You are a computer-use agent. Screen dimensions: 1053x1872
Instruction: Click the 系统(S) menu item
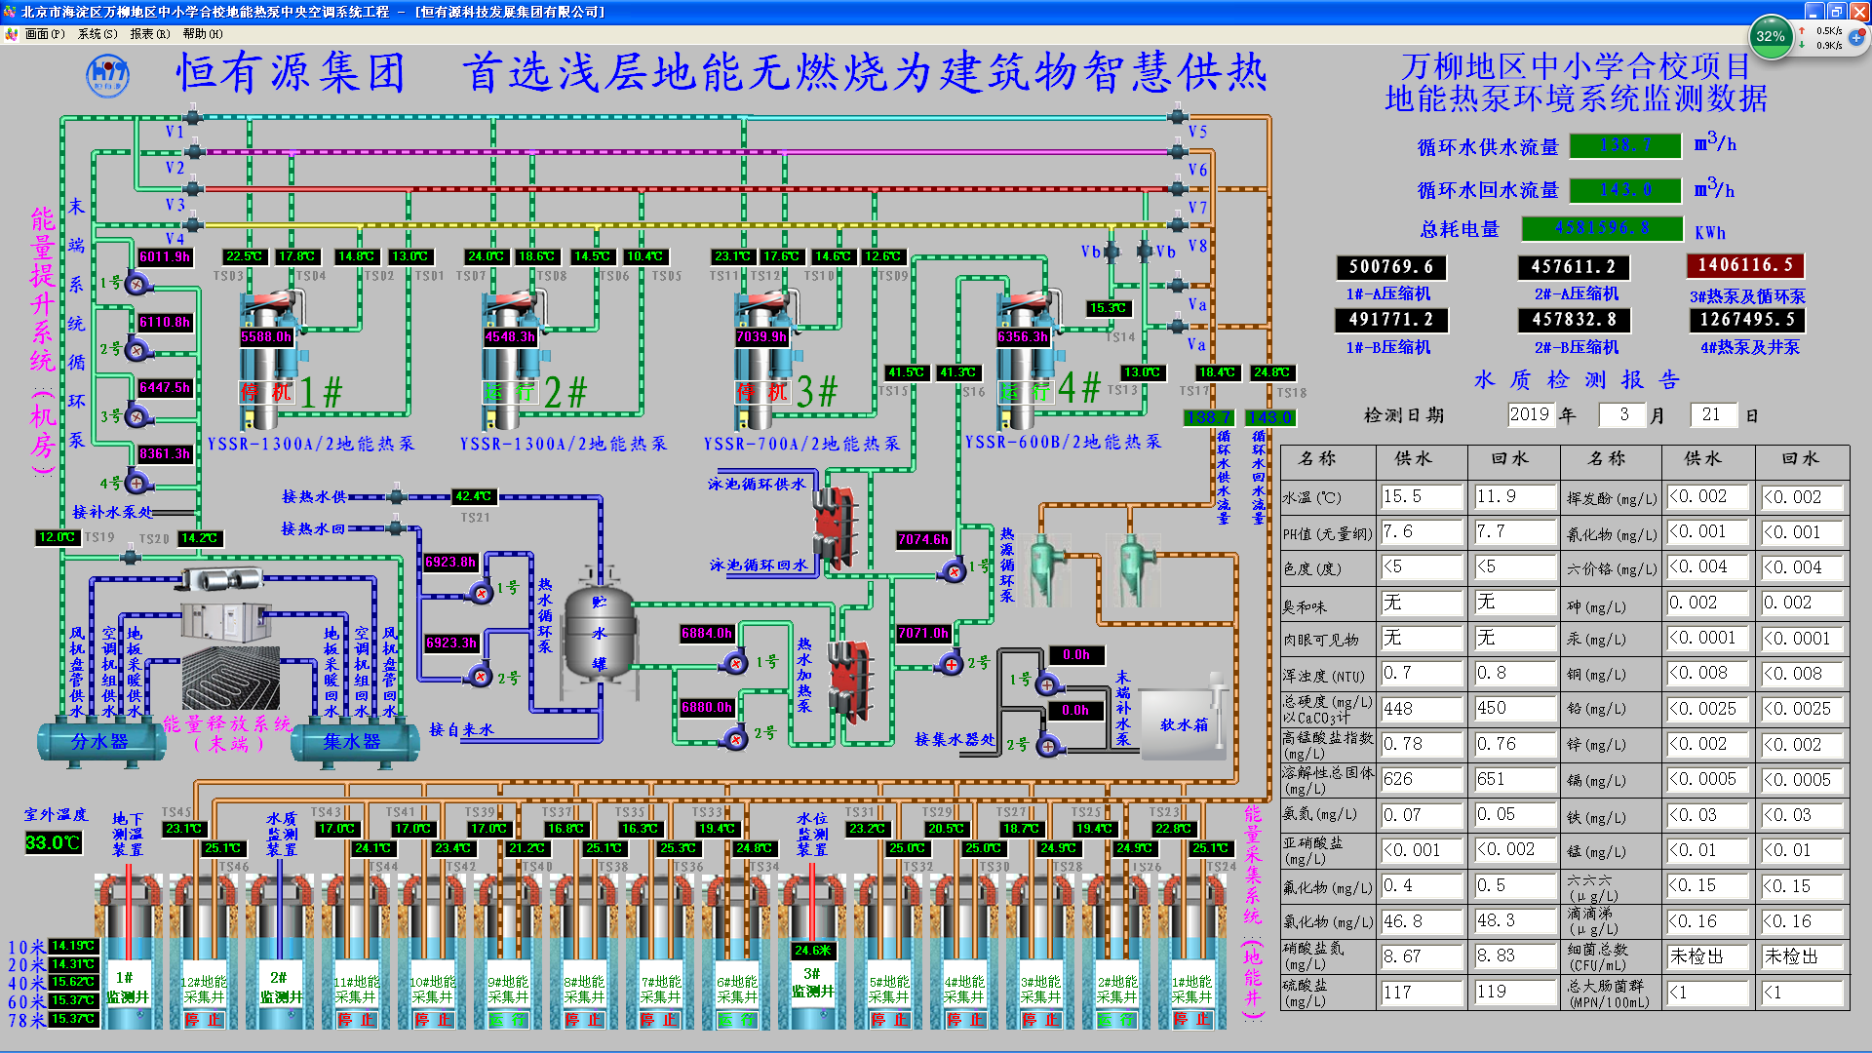click(x=97, y=34)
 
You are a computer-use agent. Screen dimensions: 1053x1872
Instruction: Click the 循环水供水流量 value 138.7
click(x=1625, y=145)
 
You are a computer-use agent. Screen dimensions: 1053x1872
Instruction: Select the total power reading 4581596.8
click(x=1602, y=228)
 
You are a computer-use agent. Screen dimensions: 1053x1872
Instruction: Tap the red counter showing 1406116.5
click(x=1745, y=265)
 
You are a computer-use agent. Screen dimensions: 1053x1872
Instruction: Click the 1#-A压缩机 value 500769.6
click(x=1390, y=267)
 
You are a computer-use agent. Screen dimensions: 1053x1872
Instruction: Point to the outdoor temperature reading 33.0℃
click(x=53, y=842)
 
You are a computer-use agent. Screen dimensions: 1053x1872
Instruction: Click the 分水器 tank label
click(x=99, y=742)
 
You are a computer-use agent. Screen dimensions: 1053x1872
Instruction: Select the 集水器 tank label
click(x=352, y=742)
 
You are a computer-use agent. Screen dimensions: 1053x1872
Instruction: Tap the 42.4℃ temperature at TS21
click(x=473, y=496)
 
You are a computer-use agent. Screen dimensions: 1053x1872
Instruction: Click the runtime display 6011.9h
click(x=164, y=256)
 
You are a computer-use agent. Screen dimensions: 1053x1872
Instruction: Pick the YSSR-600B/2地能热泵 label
click(x=1063, y=442)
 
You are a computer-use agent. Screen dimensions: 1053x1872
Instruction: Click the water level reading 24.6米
click(x=812, y=950)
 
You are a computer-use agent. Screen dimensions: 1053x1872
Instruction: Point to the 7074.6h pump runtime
click(x=922, y=539)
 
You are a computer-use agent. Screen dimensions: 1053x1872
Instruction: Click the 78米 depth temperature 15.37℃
click(x=73, y=1019)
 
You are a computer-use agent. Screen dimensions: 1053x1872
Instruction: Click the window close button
click(x=1859, y=11)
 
